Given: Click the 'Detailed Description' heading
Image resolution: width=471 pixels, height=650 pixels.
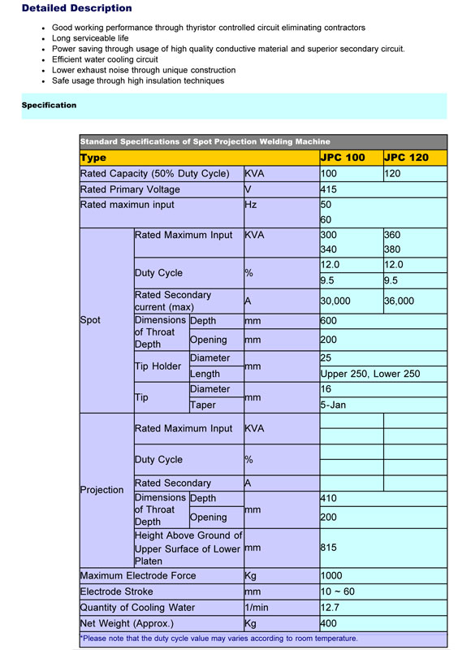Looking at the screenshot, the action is (76, 8).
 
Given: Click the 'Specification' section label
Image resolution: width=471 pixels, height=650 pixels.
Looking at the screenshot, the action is (49, 105).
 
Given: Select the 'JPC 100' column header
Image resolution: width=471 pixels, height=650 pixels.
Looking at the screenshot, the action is (343, 158).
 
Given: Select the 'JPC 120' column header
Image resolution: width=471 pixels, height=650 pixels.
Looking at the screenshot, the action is (405, 158).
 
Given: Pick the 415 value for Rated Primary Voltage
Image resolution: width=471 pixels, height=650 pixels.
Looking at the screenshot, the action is (329, 189).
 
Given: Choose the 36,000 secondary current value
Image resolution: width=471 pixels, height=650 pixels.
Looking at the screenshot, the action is (399, 301).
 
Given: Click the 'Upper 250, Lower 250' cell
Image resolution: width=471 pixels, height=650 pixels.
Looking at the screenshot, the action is (370, 374).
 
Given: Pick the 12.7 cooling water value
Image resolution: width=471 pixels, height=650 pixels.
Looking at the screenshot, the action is (331, 607).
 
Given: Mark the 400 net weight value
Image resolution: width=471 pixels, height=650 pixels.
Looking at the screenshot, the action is (330, 623).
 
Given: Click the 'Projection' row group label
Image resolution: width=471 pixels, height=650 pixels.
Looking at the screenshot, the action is (102, 490).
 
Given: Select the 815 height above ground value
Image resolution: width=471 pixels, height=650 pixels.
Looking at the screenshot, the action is (330, 548).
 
